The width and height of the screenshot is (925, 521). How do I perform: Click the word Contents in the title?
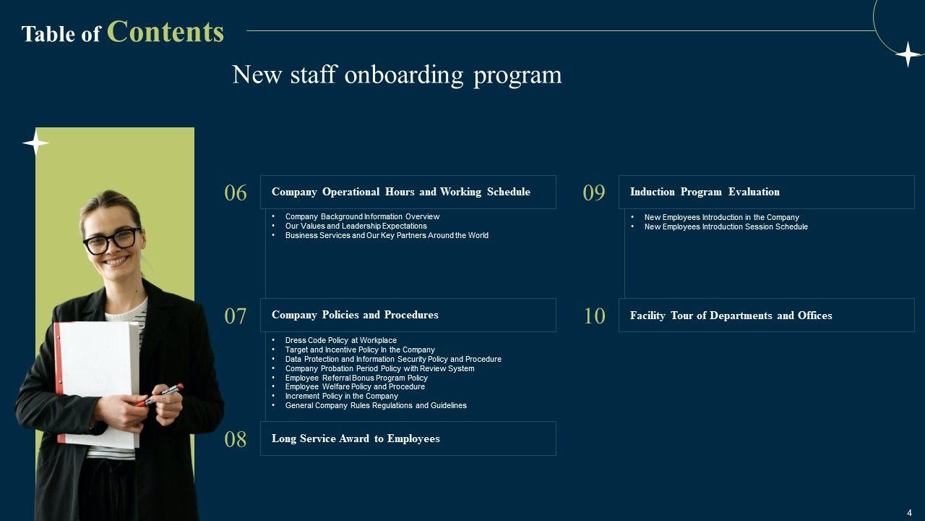[165, 32]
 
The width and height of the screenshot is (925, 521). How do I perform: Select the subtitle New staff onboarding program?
[397, 75]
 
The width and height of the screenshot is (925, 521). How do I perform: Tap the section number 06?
[236, 193]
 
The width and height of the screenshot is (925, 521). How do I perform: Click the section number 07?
[236, 316]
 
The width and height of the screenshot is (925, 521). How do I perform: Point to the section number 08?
[236, 439]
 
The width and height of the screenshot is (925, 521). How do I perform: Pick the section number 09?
[594, 193]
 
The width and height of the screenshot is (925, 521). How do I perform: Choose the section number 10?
[594, 316]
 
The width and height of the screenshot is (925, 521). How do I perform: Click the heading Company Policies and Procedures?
[355, 315]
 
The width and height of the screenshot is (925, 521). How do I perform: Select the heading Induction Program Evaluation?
[705, 192]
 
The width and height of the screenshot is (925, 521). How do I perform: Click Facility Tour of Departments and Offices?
[731, 315]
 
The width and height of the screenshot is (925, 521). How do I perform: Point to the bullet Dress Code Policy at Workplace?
[340, 340]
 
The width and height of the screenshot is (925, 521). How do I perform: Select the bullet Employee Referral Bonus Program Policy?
[356, 378]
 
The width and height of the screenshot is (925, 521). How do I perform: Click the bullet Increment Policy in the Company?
[341, 396]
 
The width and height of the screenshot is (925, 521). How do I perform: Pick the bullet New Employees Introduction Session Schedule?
[726, 226]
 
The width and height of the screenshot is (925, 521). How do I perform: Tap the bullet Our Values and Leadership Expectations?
[356, 226]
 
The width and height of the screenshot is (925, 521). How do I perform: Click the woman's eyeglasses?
[112, 240]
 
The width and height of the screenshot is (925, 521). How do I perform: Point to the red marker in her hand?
[163, 394]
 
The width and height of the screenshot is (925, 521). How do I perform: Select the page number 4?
[909, 513]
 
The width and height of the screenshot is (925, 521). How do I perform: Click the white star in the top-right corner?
[908, 54]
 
